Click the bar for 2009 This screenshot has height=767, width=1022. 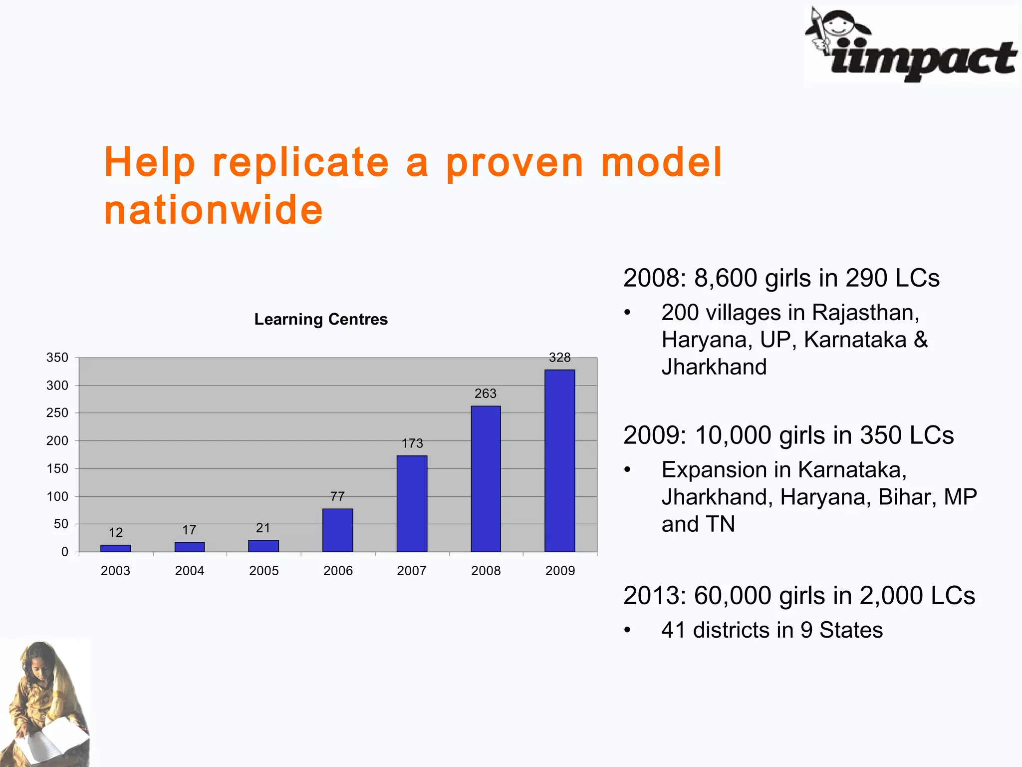tap(559, 460)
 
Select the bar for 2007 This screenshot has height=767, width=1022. tap(412, 503)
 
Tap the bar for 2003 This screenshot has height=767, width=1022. tap(115, 548)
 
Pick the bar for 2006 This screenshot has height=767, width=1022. tap(337, 530)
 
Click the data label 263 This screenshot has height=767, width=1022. tap(485, 393)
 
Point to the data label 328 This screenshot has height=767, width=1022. tap(559, 358)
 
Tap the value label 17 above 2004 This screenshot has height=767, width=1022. tap(189, 530)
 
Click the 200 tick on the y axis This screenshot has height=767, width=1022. tap(57, 441)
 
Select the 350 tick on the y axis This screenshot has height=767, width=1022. tap(57, 358)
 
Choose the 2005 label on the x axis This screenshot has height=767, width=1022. tap(263, 571)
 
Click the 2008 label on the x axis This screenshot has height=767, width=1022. tap(486, 571)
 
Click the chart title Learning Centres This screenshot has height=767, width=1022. tap(321, 319)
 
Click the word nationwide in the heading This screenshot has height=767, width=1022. tap(214, 210)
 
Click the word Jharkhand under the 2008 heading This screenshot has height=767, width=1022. tap(714, 367)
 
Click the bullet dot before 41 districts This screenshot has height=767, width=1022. tap(627, 630)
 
